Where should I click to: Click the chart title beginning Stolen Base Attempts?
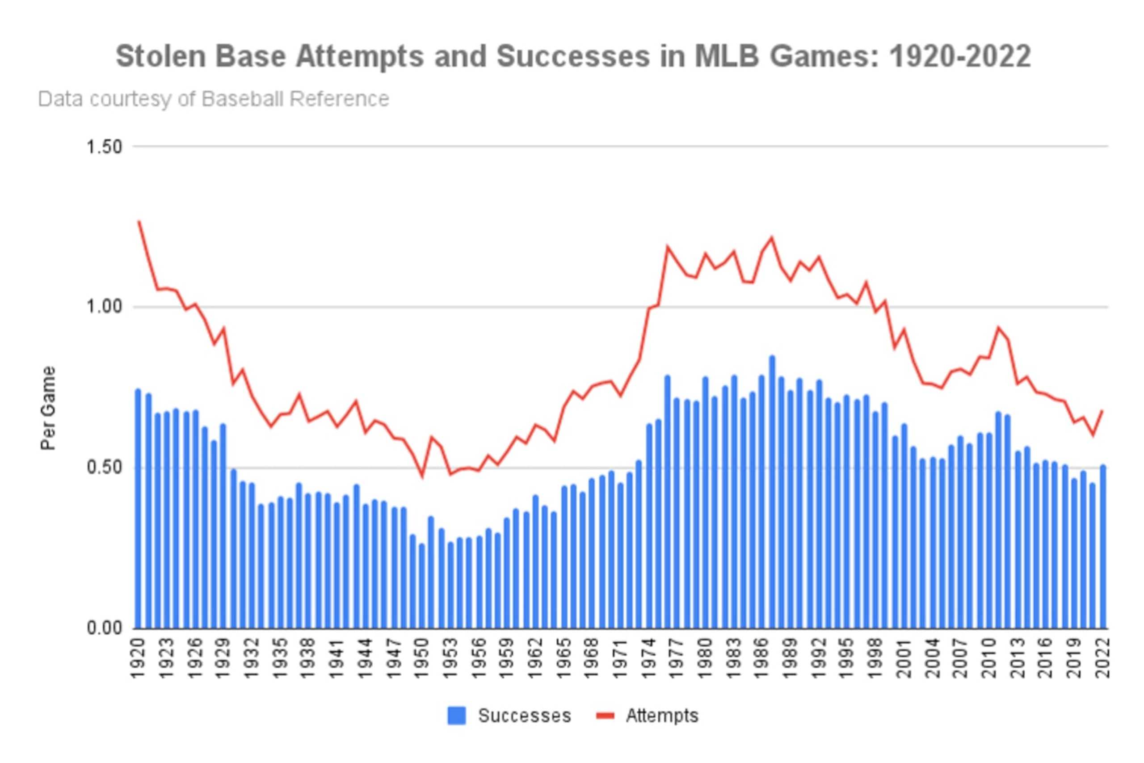(573, 56)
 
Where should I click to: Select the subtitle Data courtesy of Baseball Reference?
(214, 99)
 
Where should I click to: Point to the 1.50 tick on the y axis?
(104, 147)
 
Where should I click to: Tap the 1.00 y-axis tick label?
(104, 307)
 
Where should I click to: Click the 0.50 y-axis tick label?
(104, 468)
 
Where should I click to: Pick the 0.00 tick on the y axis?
(104, 628)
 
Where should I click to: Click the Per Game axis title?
(48, 408)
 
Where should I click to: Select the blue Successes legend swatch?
(456, 716)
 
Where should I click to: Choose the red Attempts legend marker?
(606, 715)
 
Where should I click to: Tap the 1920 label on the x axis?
(139, 658)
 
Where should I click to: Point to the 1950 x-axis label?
(422, 658)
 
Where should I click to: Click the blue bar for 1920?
(138, 509)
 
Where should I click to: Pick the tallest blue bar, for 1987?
(772, 492)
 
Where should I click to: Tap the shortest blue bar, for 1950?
(422, 586)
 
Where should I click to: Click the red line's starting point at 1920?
(139, 221)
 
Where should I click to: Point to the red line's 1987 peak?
(772, 238)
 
